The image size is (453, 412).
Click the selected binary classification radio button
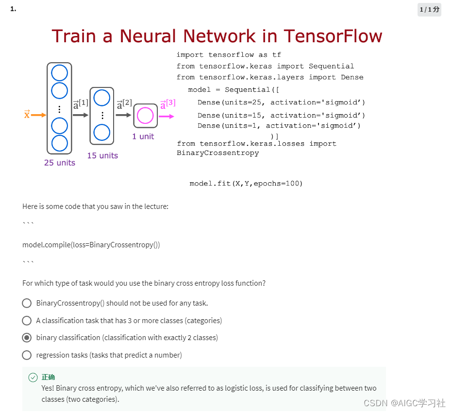[27, 338]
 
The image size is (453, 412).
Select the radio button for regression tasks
[27, 355]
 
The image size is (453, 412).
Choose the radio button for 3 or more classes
[27, 321]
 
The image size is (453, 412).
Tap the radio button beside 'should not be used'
[27, 303]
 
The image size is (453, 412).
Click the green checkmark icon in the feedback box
[33, 378]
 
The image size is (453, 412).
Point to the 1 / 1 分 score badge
[429, 9]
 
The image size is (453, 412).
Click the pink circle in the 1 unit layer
[145, 116]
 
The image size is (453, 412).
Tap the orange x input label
[27, 114]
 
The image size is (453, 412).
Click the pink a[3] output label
[168, 104]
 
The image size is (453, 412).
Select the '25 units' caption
[60, 163]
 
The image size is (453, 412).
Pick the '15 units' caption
[102, 155]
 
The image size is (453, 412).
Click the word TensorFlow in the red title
[333, 36]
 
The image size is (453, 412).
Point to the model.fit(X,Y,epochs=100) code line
[246, 183]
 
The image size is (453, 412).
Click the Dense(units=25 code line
[281, 102]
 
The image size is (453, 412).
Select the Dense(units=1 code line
[279, 125]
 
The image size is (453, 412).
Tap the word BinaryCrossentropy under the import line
[218, 153]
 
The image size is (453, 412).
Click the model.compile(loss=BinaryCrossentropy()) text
[91, 245]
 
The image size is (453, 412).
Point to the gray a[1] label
[81, 104]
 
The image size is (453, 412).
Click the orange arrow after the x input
[39, 115]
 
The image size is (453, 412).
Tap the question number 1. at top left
[13, 8]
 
